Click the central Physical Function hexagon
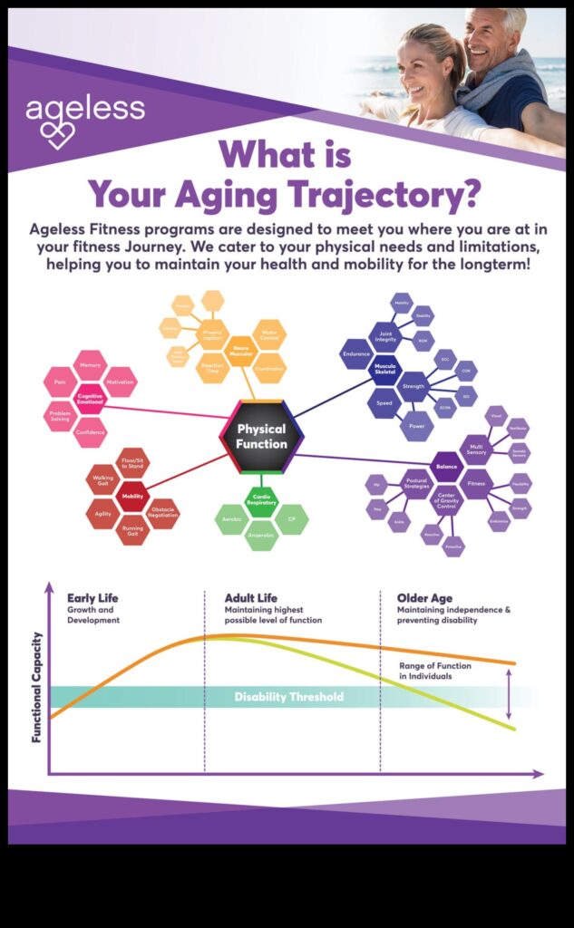261,436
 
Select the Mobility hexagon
132,496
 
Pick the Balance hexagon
446,467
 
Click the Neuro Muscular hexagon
240,351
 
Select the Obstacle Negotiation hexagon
163,513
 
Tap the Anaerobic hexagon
261,535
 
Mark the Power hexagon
417,425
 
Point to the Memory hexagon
90,365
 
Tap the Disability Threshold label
288,697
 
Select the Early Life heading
92,598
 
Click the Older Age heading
425,598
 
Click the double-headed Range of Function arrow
508,698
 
